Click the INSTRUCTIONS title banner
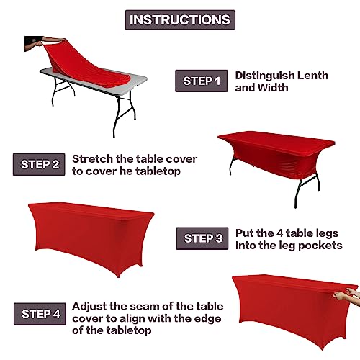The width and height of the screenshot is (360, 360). pos(180,19)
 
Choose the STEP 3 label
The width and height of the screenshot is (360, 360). pos(201,238)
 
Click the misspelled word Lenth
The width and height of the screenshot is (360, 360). pos(315,76)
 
